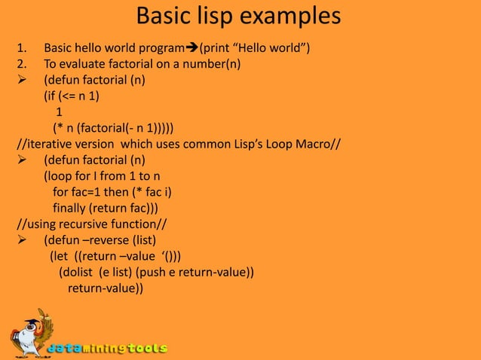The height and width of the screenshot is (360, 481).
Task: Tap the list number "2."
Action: (23, 64)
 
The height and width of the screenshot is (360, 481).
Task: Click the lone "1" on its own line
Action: (60, 111)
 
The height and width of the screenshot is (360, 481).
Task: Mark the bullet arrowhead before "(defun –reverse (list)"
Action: (23, 240)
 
